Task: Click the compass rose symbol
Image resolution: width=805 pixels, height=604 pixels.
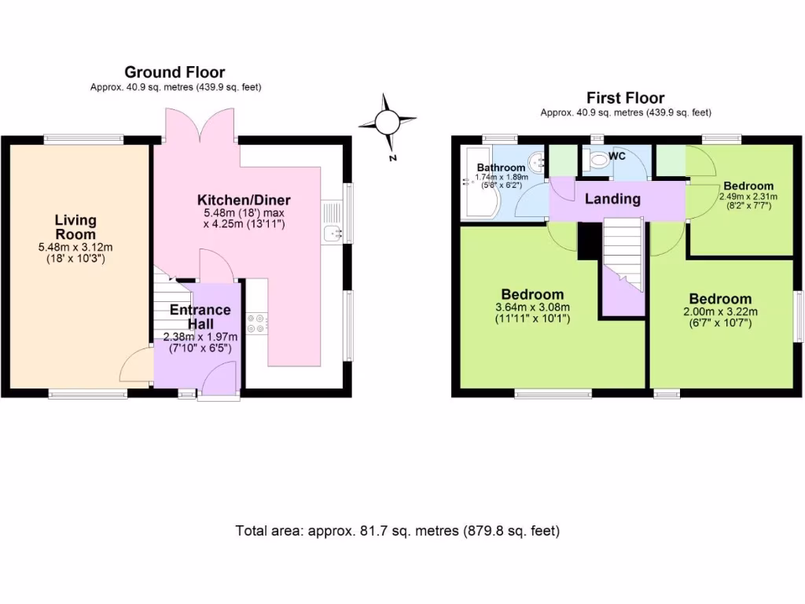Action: coord(387,123)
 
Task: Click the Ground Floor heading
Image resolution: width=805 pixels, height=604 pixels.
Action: coord(175,73)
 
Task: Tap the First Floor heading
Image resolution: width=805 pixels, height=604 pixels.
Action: coord(625,98)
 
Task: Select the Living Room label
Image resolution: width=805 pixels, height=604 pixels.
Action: coord(75,226)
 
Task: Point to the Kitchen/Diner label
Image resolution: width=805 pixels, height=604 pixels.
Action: coord(237,198)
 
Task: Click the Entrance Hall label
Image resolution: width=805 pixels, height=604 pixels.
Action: coord(200,317)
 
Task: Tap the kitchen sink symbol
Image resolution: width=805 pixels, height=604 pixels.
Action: coord(333,232)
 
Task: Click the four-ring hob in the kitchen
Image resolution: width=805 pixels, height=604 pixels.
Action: coord(257,320)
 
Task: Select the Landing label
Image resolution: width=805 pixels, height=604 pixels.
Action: coord(612,199)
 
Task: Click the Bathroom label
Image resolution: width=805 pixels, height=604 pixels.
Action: coord(501,168)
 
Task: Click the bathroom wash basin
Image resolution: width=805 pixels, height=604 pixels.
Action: coord(539,163)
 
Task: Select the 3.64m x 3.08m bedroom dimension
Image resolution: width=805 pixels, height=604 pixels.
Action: coord(532,307)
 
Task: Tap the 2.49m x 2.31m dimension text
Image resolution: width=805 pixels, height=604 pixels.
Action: coord(747,196)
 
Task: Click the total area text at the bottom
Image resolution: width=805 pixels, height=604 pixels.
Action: coord(398,531)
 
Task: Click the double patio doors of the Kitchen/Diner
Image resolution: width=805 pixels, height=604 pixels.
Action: coord(200,126)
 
